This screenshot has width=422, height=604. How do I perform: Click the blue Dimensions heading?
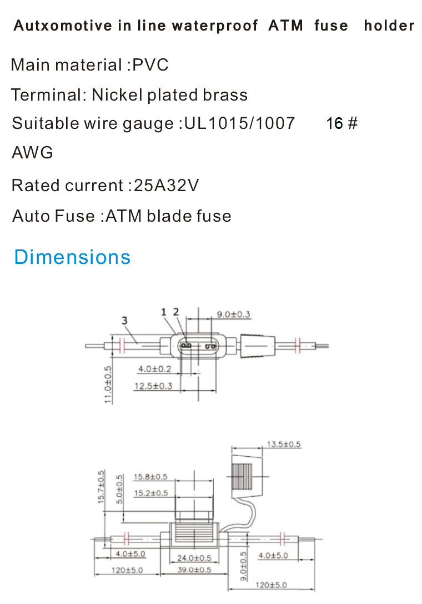point(72,257)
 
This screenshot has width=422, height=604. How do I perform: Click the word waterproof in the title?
point(215,26)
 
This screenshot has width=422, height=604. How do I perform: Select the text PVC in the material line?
point(150,64)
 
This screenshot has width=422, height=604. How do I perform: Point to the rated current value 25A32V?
point(166,185)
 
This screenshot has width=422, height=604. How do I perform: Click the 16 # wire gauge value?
point(342,124)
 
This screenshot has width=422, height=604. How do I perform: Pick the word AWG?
point(32,153)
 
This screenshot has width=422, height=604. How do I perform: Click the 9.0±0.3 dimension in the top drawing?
point(233,315)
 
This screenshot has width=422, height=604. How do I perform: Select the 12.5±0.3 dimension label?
point(153,386)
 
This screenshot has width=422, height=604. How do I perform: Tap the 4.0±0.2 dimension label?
point(155,369)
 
